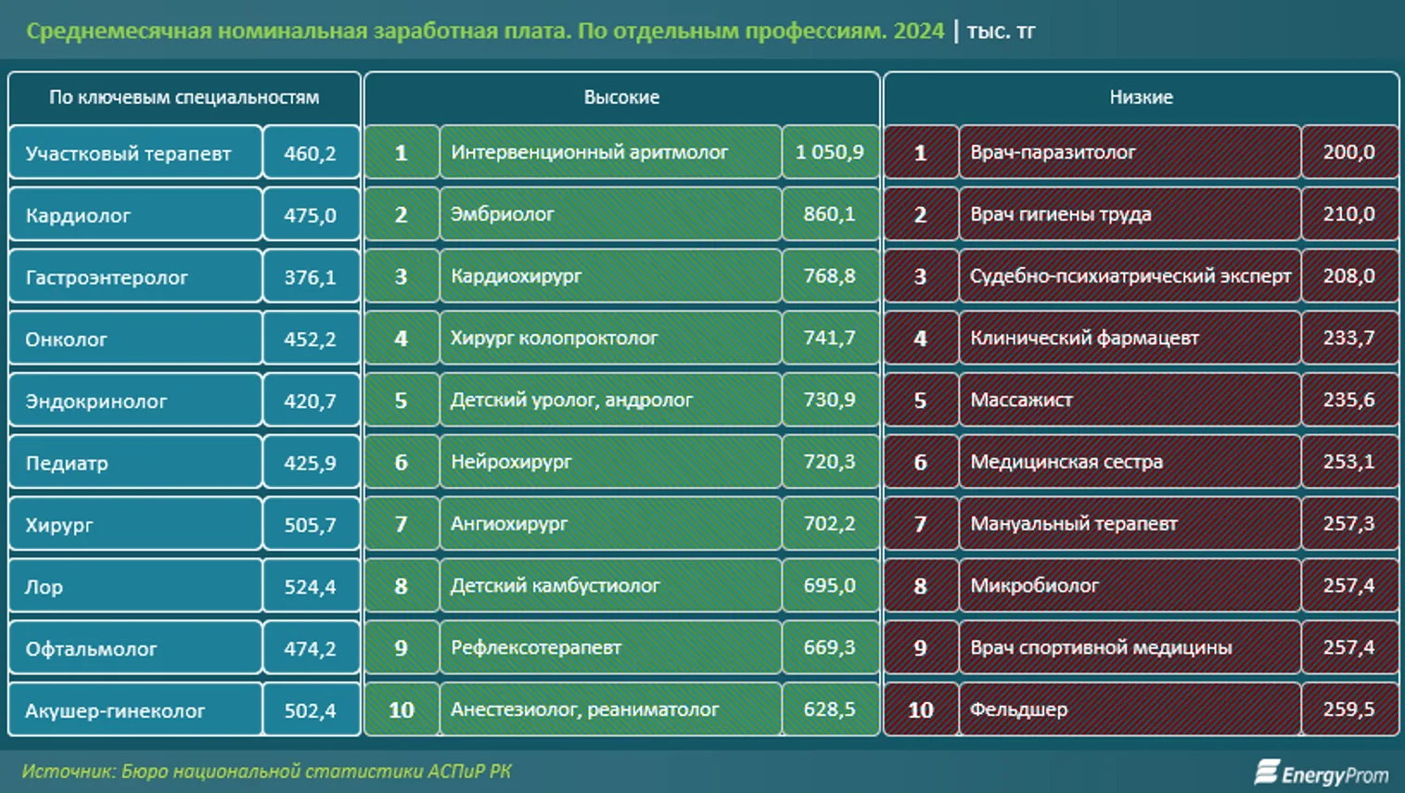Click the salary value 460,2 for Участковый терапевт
(x=310, y=153)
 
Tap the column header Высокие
(x=621, y=97)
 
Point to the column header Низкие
(x=1141, y=97)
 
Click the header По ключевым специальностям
(x=184, y=97)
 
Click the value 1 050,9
(x=829, y=152)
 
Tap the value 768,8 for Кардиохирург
(x=829, y=276)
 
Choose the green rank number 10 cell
(x=401, y=710)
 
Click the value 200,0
(x=1348, y=152)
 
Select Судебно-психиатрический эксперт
(x=1130, y=276)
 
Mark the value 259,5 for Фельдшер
(x=1348, y=710)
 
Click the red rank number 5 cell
(x=920, y=401)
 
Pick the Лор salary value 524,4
(x=310, y=587)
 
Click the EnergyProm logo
(x=1322, y=773)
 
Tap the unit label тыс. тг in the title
(x=1001, y=32)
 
